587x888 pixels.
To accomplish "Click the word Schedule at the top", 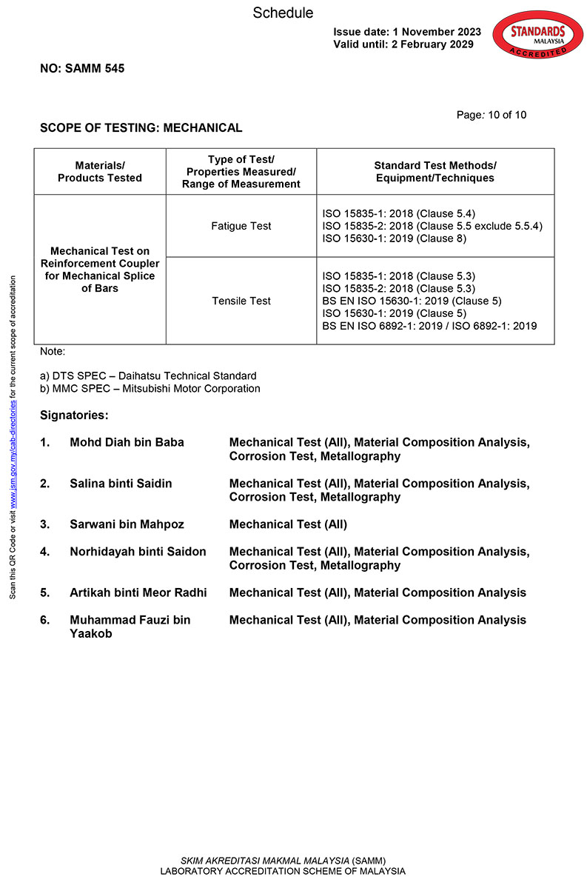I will click(283, 13).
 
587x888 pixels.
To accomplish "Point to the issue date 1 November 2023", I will click(407, 32).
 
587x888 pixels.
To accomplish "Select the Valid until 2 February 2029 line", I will click(403, 44).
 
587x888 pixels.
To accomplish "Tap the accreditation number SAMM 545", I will click(82, 69).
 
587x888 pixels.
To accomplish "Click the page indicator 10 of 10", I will click(492, 115).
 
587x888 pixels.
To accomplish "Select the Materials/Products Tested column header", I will click(100, 172).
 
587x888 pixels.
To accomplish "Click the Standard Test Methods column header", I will click(435, 172).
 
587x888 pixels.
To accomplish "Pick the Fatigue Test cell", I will click(241, 226).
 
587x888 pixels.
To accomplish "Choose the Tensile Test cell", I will click(241, 301).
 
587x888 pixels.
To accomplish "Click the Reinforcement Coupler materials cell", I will click(100, 270).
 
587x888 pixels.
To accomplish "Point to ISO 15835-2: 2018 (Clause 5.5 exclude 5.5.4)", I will click(432, 226).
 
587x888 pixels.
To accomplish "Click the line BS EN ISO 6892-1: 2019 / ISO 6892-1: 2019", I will click(430, 326).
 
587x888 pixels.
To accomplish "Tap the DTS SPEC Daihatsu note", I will click(148, 376).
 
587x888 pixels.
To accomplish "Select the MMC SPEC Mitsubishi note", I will click(150, 388).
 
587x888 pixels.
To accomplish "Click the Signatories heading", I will click(74, 415).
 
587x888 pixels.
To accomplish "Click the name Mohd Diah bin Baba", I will click(127, 442).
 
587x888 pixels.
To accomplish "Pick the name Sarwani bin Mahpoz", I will click(127, 524).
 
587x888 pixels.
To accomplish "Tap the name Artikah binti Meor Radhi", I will click(138, 592).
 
